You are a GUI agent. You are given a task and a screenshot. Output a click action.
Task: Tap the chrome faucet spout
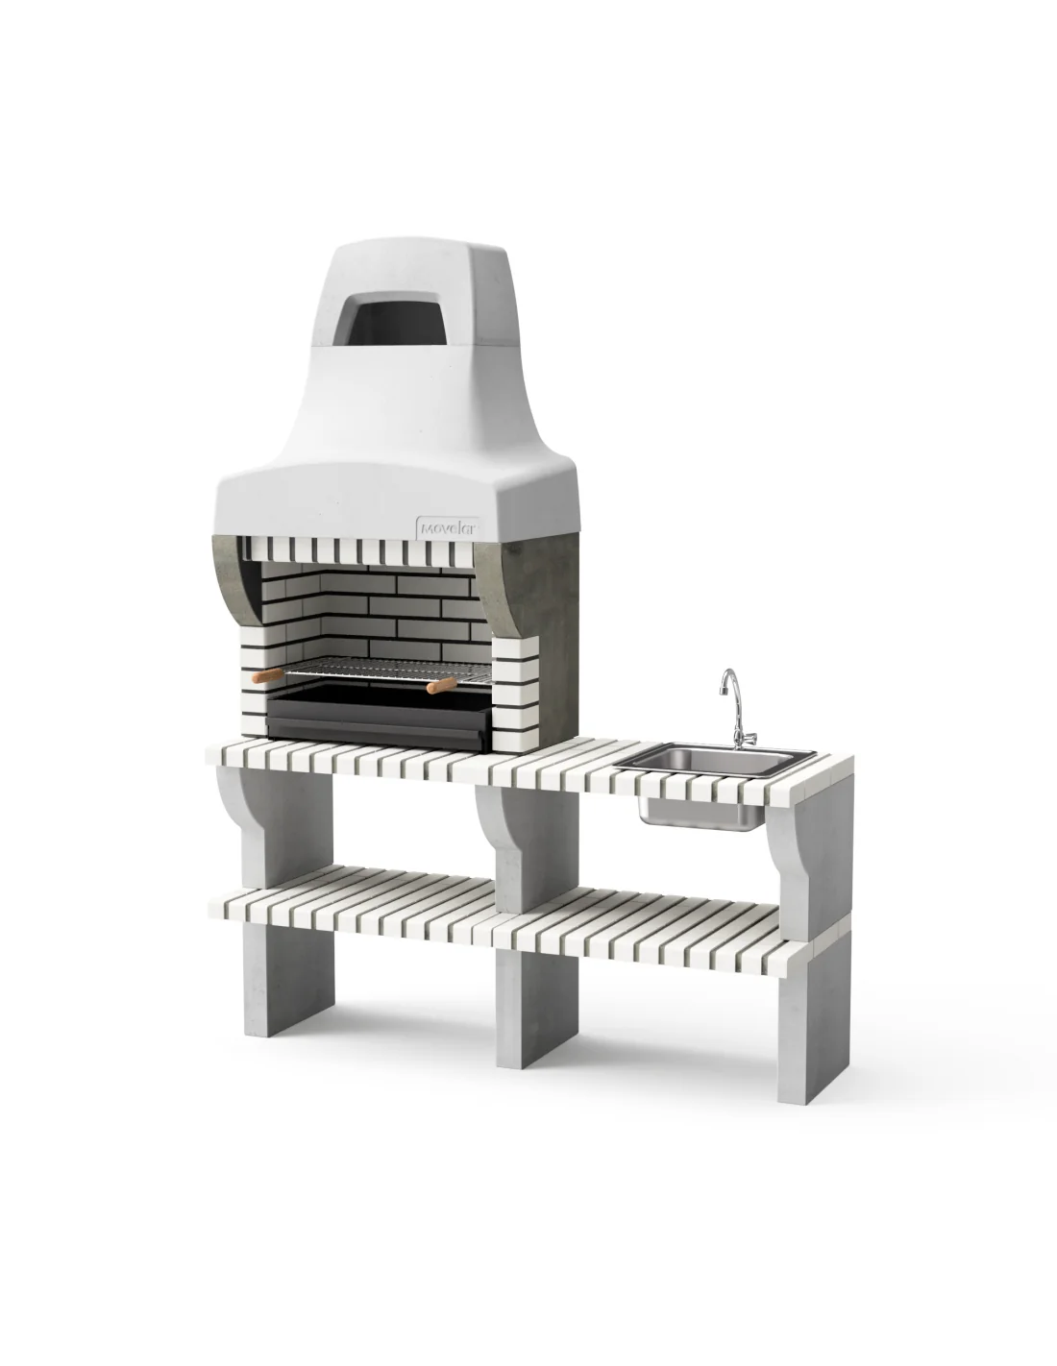pyautogui.click(x=728, y=682)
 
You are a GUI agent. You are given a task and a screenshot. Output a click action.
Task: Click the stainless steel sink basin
pyautogui.click(x=715, y=761)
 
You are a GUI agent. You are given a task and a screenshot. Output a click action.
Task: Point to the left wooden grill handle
pyautogui.click(x=268, y=675)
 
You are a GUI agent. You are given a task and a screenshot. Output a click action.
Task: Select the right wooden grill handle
pyautogui.click(x=441, y=685)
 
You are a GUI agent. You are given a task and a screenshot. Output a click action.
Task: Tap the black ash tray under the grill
pyautogui.click(x=379, y=717)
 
